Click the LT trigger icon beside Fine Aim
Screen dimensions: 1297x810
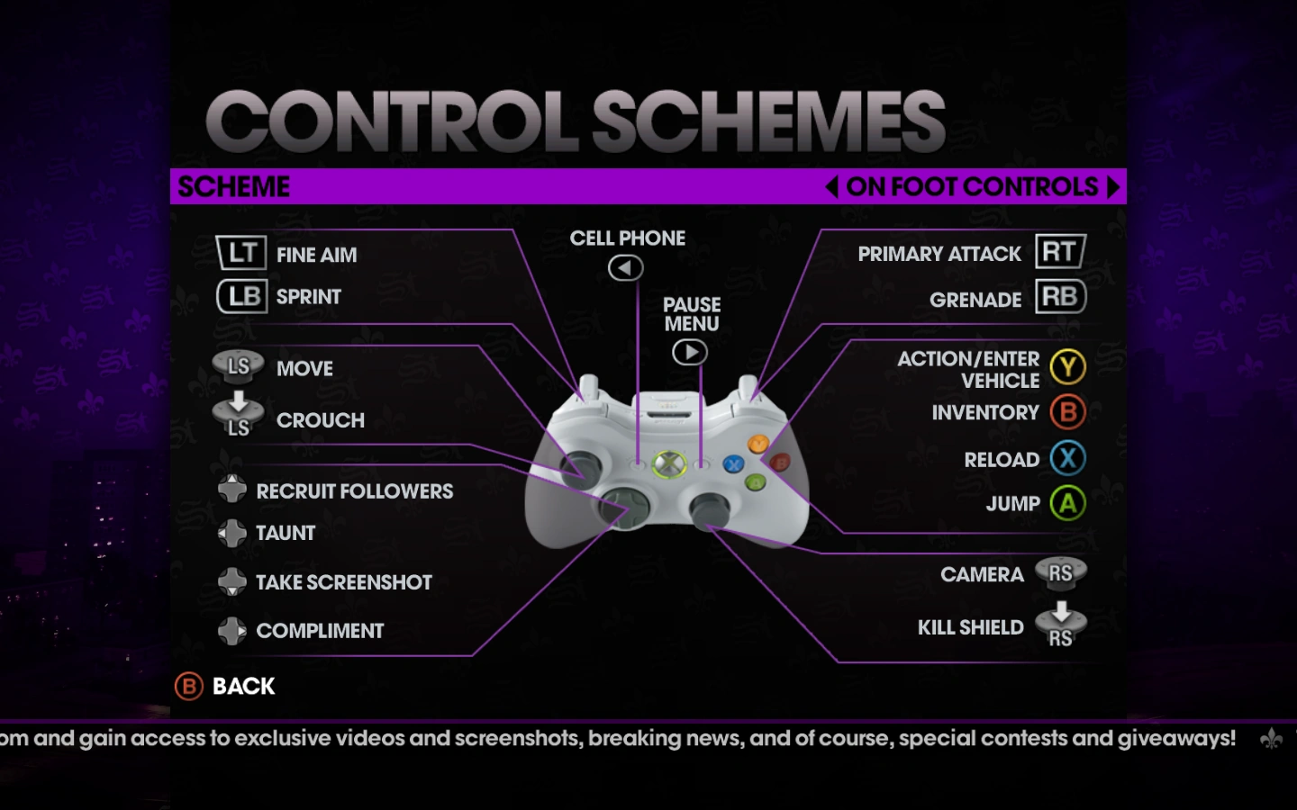tap(241, 253)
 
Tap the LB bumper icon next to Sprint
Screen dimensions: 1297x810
tap(242, 296)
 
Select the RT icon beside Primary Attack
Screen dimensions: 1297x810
tap(1060, 252)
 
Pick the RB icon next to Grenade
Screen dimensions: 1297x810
tap(1060, 297)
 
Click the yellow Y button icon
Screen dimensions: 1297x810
tap(1067, 367)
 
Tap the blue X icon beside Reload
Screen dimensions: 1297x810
tap(1067, 458)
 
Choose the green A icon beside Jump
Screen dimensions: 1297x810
tap(1067, 503)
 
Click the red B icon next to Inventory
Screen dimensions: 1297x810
tap(1067, 412)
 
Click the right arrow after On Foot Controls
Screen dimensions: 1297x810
tap(1113, 186)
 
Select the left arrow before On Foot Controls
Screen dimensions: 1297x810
tap(831, 186)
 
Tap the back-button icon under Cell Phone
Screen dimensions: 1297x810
tap(625, 267)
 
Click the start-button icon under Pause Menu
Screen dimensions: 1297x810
tap(690, 352)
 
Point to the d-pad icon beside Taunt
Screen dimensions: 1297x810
tap(232, 533)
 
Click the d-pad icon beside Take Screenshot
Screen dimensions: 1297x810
tap(232, 581)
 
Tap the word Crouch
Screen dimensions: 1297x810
tap(320, 420)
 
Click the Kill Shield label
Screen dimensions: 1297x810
tap(970, 627)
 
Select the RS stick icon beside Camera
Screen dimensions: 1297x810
tap(1060, 573)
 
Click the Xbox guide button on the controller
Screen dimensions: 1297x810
tap(668, 464)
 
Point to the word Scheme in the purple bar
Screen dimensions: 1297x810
tap(234, 186)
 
